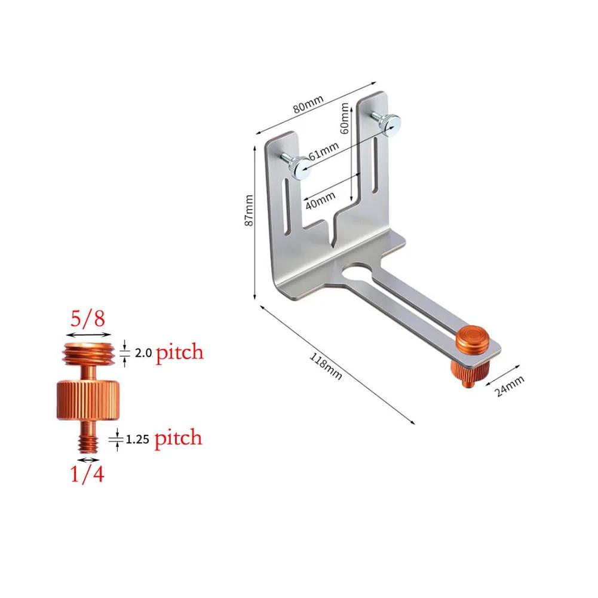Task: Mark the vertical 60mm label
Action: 345,118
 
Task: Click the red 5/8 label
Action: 87,318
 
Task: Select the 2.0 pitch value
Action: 142,353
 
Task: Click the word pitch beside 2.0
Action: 180,352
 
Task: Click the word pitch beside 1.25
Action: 179,439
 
